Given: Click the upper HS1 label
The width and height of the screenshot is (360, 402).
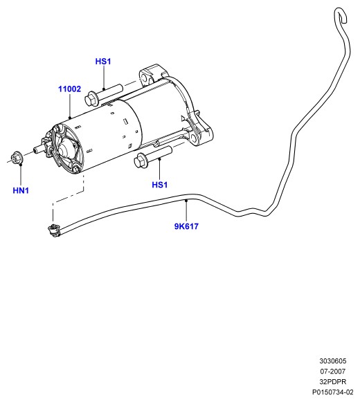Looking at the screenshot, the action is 103,62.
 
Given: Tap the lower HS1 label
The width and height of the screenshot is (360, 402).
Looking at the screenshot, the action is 160,185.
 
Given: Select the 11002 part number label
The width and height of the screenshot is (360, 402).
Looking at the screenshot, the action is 69,89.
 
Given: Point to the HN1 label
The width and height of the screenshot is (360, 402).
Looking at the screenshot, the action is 21,190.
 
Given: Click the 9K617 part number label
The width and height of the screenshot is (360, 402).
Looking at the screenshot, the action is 186,226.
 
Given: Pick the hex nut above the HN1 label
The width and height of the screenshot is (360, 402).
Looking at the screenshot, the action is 17,157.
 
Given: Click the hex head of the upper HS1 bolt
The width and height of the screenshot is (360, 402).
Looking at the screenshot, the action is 91,98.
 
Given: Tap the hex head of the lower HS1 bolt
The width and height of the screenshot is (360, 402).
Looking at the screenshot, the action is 141,161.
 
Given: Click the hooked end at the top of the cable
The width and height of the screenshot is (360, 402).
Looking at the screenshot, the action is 341,13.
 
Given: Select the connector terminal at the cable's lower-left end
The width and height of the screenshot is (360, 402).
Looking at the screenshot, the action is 54,230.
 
